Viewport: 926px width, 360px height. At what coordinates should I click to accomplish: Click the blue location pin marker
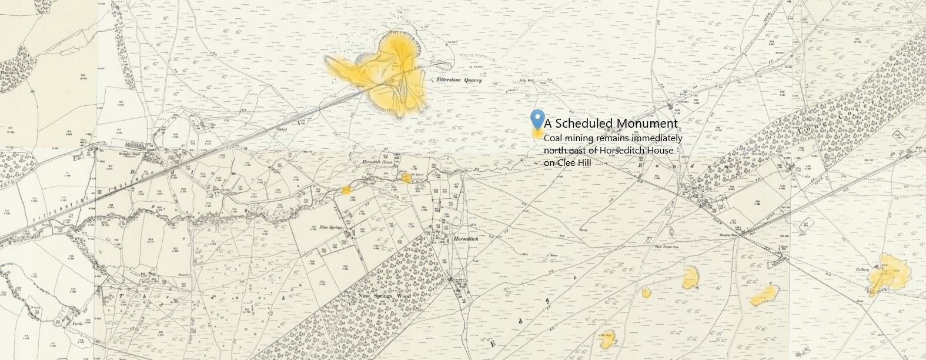(537, 120)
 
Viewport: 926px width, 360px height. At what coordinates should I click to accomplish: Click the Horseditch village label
(466, 239)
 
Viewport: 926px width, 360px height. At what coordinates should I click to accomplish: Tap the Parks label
(76, 323)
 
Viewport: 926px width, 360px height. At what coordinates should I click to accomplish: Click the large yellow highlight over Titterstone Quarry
(388, 74)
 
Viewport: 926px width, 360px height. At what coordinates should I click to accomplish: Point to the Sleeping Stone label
(727, 234)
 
